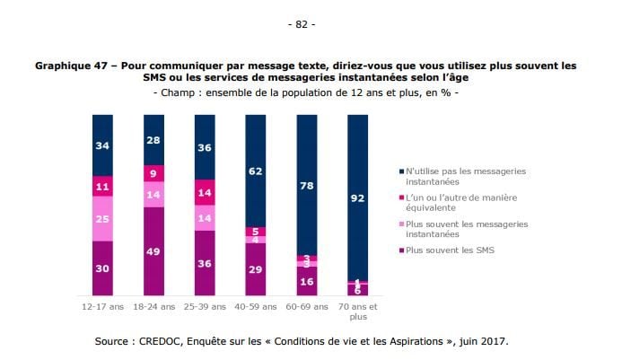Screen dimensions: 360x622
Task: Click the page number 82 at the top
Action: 305,23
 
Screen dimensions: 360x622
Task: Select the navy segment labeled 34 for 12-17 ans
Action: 102,145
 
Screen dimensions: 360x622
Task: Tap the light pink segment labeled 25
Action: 102,218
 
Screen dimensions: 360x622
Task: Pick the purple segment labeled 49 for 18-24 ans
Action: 153,251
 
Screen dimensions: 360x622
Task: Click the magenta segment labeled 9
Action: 153,173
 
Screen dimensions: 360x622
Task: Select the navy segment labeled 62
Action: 256,170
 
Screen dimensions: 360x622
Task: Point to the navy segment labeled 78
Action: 307,185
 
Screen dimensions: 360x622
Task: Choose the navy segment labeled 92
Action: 357,198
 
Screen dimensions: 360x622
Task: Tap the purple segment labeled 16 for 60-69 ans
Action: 307,281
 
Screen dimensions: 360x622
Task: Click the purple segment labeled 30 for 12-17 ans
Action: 102,268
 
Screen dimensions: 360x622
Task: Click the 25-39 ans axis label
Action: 205,305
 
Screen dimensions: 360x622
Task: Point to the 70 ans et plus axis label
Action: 357,311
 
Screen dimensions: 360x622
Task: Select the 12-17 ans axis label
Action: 102,305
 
